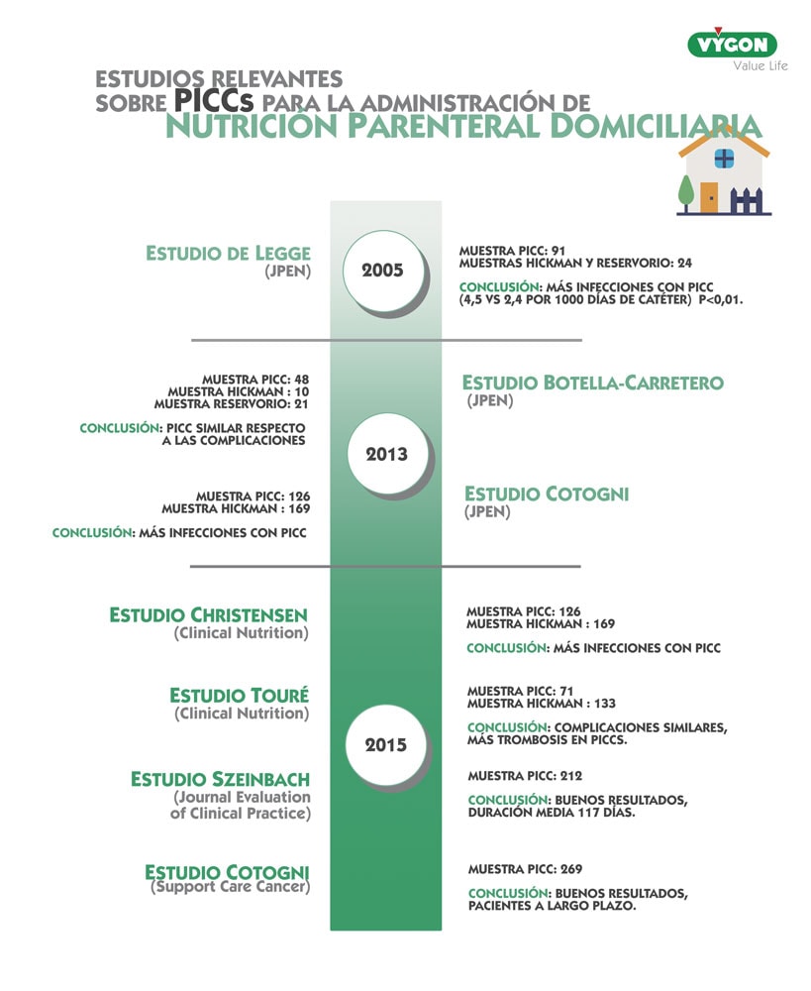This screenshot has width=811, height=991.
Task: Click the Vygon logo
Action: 732,45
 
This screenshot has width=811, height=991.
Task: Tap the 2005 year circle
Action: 381,270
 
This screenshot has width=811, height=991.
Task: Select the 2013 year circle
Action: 385,455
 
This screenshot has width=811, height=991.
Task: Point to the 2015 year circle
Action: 385,745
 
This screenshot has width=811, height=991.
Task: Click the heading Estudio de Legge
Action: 228,253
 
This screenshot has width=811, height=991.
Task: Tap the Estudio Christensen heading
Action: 208,615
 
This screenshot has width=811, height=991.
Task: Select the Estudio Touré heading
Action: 239,696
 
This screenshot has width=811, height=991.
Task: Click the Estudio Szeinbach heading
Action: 220,780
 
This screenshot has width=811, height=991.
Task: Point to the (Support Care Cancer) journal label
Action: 230,888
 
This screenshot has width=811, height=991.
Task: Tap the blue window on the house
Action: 724,158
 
